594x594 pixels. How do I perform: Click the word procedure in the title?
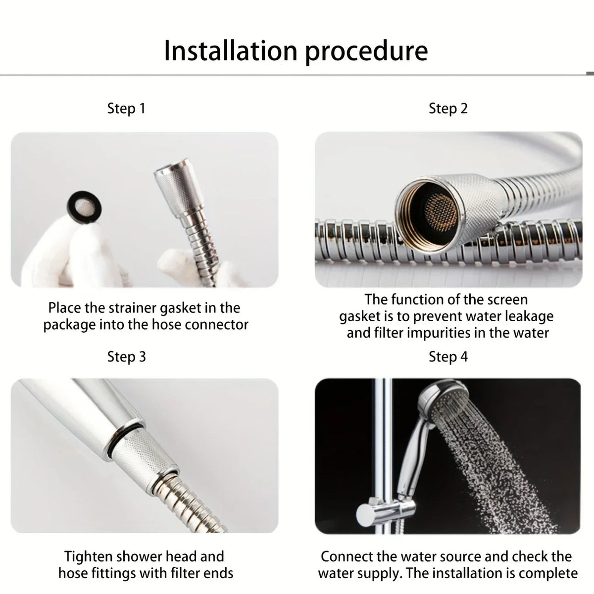click(x=366, y=51)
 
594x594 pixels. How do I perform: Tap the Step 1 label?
click(x=126, y=108)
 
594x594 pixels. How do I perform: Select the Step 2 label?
click(x=448, y=108)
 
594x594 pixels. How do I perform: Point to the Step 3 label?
click(x=126, y=357)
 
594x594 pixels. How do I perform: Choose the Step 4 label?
click(x=448, y=357)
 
